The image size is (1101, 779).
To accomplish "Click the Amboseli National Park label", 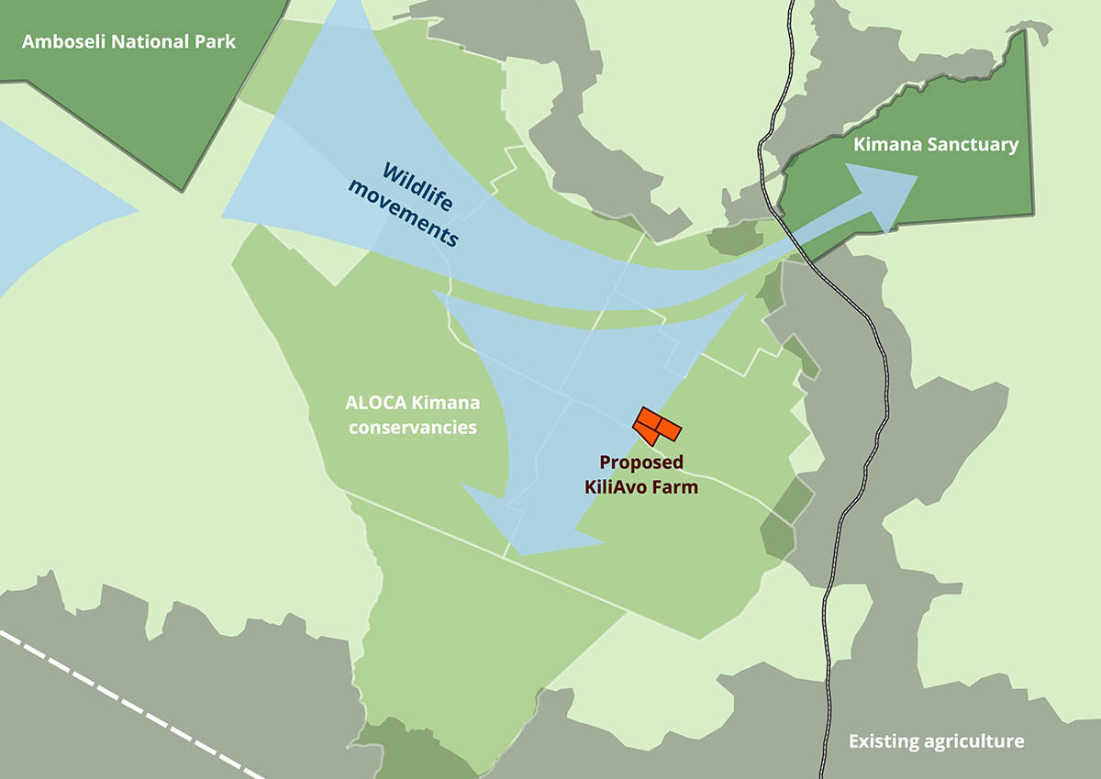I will coord(129,41).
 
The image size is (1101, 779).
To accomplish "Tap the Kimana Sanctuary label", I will coord(936,145).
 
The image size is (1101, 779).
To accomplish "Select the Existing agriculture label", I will coord(936,741).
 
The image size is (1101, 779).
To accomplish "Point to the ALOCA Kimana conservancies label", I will coord(412,415).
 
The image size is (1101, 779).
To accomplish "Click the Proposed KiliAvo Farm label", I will coord(641,475).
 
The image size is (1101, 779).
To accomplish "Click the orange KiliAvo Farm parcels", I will coord(657,425).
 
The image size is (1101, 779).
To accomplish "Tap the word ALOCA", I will coord(373,403).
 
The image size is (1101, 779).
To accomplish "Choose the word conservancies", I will coord(412,427).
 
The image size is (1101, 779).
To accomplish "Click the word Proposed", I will coord(641,463).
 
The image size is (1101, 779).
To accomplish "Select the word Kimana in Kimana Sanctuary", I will coord(884,145).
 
